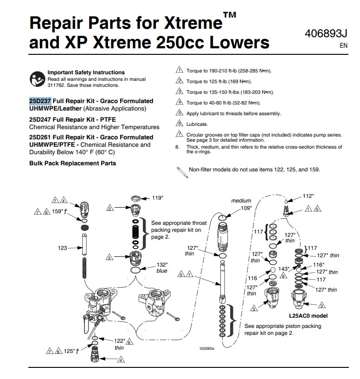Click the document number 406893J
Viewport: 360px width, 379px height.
(x=326, y=33)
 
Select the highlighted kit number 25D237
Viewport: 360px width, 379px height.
(x=40, y=101)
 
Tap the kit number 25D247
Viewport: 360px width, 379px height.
(x=40, y=119)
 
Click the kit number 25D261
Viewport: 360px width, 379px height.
(x=40, y=137)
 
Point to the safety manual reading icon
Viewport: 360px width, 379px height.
(x=37, y=79)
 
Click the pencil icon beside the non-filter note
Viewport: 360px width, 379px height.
(x=182, y=172)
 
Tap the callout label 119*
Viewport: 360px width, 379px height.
(x=157, y=198)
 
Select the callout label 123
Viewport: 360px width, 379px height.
(x=62, y=248)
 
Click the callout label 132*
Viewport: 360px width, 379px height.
(x=162, y=265)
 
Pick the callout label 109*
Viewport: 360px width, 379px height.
(x=246, y=208)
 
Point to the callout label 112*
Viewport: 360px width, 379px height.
(x=309, y=196)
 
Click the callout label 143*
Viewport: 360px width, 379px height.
(x=284, y=269)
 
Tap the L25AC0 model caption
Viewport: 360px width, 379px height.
(x=308, y=316)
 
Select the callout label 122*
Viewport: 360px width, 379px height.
(x=120, y=341)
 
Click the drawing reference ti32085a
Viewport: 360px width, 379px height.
(x=207, y=348)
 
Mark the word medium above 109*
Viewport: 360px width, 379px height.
(x=241, y=201)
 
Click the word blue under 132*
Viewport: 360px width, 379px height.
(x=162, y=271)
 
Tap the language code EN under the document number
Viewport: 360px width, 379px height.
(x=343, y=46)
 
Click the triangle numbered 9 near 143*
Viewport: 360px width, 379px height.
(x=283, y=275)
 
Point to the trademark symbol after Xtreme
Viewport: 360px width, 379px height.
(x=230, y=15)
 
